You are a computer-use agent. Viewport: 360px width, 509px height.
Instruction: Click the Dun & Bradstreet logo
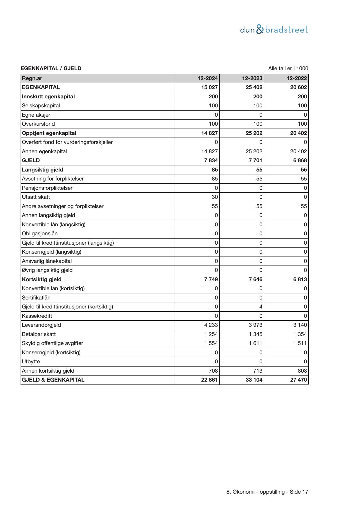(x=274, y=30)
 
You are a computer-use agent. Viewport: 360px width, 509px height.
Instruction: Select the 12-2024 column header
(x=208, y=78)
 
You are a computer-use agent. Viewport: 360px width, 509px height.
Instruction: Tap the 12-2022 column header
(x=297, y=78)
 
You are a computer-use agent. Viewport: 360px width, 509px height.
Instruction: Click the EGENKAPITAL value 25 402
(x=254, y=87)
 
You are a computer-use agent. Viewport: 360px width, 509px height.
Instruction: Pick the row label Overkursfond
(x=38, y=124)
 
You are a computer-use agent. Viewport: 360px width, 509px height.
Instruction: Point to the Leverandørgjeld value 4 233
(x=211, y=325)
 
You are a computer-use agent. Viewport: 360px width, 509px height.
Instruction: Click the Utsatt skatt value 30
(x=215, y=197)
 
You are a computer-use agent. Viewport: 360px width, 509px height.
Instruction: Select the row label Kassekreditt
(x=37, y=316)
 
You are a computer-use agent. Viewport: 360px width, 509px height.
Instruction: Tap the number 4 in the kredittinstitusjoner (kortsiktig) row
(x=261, y=307)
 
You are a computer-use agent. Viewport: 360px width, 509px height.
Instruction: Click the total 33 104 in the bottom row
(x=254, y=380)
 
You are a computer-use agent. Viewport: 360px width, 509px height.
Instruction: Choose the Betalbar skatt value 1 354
(x=300, y=334)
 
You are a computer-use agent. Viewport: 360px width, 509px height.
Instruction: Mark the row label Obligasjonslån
(x=40, y=234)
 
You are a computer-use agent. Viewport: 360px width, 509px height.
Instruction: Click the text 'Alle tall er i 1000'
(x=288, y=68)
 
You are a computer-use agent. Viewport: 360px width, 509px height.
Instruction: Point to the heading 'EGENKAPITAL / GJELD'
(x=51, y=68)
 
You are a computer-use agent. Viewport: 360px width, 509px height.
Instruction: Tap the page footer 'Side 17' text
(x=299, y=492)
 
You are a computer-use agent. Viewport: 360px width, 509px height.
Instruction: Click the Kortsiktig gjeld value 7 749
(x=211, y=279)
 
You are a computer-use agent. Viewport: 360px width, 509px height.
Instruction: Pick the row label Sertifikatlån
(x=36, y=298)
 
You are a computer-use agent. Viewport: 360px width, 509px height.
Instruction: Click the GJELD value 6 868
(x=300, y=160)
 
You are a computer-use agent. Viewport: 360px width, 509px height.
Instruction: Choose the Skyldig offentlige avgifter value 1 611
(x=256, y=343)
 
